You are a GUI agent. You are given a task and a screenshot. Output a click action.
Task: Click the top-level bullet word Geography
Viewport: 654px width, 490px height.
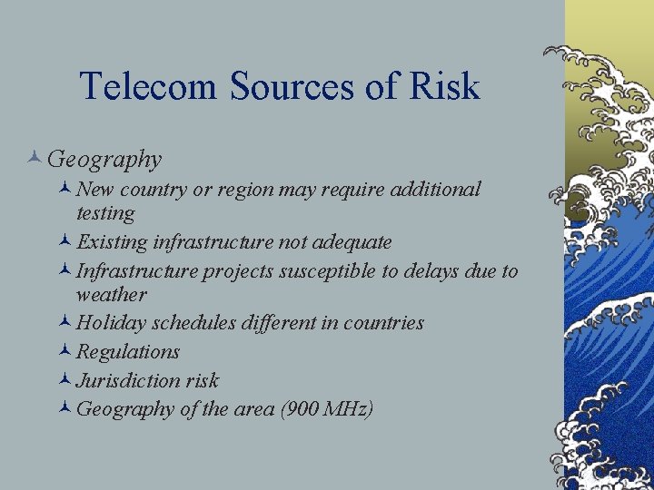pyautogui.click(x=104, y=160)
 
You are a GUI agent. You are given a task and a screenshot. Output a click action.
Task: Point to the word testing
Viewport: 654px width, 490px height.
pyautogui.click(x=105, y=214)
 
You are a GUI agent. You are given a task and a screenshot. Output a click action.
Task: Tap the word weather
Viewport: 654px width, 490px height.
pyautogui.click(x=111, y=295)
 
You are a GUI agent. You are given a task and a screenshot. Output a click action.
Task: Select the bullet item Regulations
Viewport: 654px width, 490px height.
pyautogui.click(x=128, y=351)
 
